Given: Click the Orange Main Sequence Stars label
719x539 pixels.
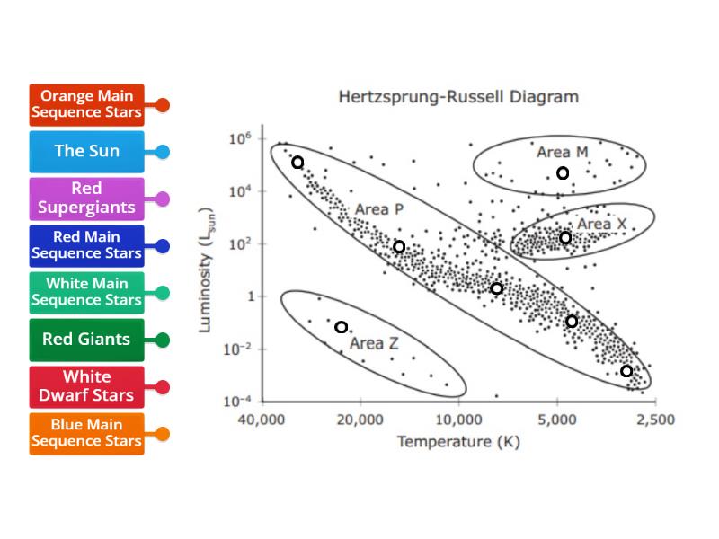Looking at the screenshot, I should (86, 104).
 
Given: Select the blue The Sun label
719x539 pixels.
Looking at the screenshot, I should (86, 151).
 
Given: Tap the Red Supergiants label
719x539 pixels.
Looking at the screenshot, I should (86, 198).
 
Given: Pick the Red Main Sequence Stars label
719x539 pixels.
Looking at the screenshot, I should (86, 245).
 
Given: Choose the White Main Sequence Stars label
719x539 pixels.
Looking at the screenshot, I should (86, 292).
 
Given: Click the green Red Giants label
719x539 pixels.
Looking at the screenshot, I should (86, 340).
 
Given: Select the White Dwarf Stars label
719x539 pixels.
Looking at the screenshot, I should (86, 386).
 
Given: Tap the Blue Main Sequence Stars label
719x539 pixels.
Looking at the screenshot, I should (86, 433).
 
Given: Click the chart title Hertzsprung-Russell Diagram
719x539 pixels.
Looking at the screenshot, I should (457, 96).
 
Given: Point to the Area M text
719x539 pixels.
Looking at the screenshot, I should (562, 152).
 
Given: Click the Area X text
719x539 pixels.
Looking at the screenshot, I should (601, 224).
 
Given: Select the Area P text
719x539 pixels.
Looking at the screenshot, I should (378, 209).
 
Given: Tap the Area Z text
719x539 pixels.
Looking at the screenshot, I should (374, 343).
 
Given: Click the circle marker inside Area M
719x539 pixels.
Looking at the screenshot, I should (563, 173).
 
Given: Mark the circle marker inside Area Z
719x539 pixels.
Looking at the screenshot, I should (342, 327).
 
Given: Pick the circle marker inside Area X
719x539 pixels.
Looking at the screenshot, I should (565, 238).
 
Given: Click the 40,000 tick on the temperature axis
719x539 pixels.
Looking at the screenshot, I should (261, 420).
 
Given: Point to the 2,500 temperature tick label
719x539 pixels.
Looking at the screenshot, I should (653, 420).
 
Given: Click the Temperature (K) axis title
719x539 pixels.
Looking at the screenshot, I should (457, 441).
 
